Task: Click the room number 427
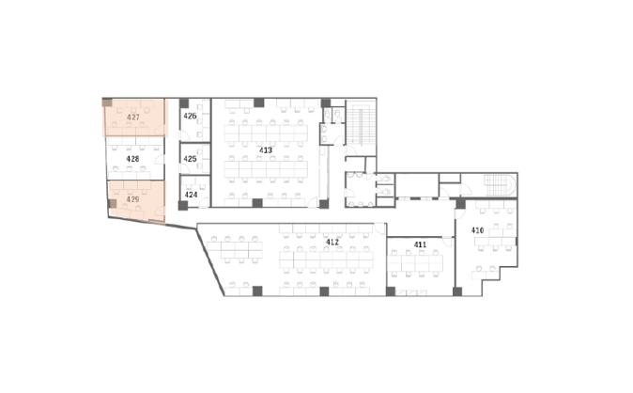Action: pos(132,118)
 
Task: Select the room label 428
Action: pos(132,159)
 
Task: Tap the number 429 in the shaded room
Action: pos(132,199)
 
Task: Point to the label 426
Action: pos(190,116)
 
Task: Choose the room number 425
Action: pos(190,159)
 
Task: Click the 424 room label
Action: pos(191,195)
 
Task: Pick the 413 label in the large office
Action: pos(266,150)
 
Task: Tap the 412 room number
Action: pos(332,243)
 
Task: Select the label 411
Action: pos(420,244)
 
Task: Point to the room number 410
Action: pos(477,230)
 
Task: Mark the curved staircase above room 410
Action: pos(501,185)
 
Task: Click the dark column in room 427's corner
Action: pos(107,102)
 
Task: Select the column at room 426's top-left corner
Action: pos(184,102)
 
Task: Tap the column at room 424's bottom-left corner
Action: pos(183,205)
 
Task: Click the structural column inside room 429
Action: pos(112,203)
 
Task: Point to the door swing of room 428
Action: pos(160,159)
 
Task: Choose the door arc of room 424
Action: pos(205,202)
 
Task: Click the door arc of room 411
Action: pos(447,242)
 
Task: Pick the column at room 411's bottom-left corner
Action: pos(391,291)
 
